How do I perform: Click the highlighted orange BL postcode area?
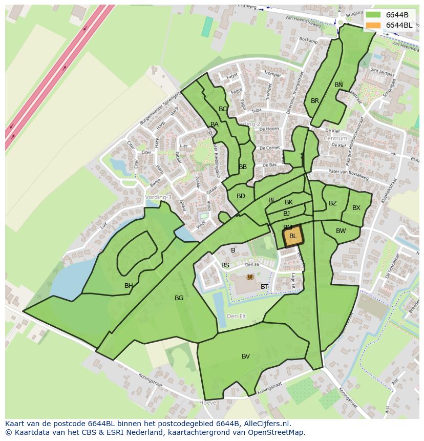[x=293, y=237]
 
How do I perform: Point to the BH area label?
[x=129, y=286]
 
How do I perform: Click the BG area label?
[x=179, y=298]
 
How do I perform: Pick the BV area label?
[x=246, y=356]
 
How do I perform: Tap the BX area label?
[x=356, y=208]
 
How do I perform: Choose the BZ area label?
[x=333, y=203]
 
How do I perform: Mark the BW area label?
[x=341, y=231]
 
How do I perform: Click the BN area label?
[x=338, y=85]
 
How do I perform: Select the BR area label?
[x=315, y=101]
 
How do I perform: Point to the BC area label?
[x=223, y=109]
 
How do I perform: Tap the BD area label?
[x=241, y=196]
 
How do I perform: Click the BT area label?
[x=264, y=287]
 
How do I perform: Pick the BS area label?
[x=225, y=265]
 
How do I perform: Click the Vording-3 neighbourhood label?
[x=158, y=197]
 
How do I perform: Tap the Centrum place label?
[x=335, y=138]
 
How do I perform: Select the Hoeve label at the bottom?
[x=207, y=403]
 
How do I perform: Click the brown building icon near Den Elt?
[x=250, y=277]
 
